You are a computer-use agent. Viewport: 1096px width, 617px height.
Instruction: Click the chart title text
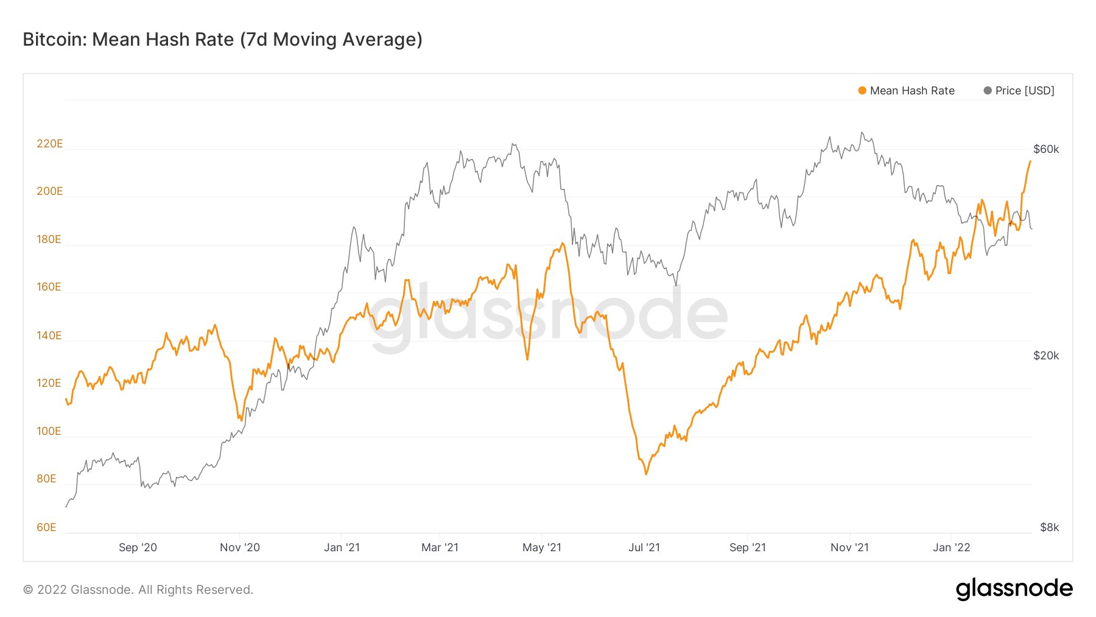(x=222, y=40)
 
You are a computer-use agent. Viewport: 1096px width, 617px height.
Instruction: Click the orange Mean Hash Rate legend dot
(x=862, y=91)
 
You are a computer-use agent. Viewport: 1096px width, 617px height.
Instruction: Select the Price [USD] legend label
(x=1024, y=91)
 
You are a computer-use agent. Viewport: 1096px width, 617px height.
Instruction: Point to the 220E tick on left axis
(x=49, y=144)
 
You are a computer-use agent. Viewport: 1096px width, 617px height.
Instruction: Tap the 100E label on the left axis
(x=49, y=431)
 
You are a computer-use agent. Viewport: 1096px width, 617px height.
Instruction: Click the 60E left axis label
(x=46, y=527)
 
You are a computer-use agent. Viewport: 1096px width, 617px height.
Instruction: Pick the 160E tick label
(x=49, y=287)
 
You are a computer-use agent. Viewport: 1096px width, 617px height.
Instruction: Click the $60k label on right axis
(x=1045, y=149)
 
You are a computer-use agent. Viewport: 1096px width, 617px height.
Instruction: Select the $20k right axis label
(x=1045, y=356)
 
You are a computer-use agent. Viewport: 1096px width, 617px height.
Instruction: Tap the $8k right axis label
(x=1049, y=527)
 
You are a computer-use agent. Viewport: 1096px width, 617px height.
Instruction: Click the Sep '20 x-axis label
(x=138, y=548)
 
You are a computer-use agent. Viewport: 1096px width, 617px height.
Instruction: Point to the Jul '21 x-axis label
(x=644, y=548)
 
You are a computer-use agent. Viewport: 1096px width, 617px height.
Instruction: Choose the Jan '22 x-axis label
(x=951, y=548)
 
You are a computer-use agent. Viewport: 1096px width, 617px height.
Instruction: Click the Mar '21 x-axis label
(x=440, y=548)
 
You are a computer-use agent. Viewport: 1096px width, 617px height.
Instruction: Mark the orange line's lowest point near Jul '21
(x=646, y=474)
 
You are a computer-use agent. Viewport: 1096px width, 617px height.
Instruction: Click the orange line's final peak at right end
(x=1030, y=161)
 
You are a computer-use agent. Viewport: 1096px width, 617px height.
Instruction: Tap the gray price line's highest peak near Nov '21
(x=862, y=133)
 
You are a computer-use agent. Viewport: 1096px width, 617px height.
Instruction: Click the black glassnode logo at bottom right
(x=1014, y=589)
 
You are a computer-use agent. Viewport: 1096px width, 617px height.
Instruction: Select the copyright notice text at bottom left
(x=138, y=590)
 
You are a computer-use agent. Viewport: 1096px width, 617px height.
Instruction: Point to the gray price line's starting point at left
(x=66, y=506)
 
